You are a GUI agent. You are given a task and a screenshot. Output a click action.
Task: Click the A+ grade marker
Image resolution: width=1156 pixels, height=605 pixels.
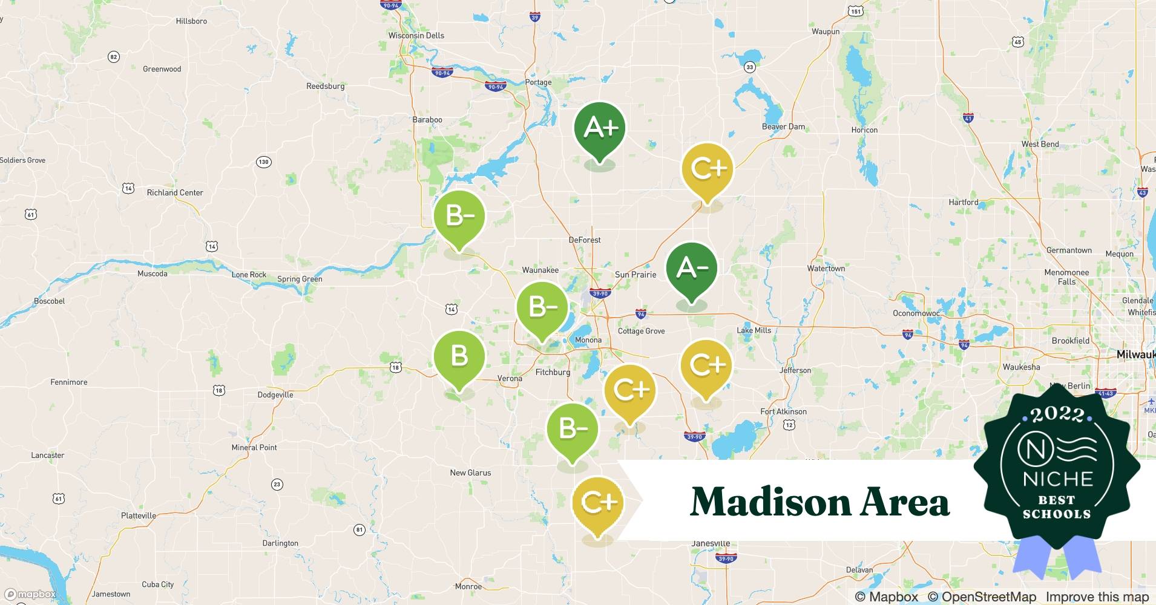pos(599,128)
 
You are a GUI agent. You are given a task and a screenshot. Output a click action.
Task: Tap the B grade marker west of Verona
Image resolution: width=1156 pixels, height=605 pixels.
pos(459,356)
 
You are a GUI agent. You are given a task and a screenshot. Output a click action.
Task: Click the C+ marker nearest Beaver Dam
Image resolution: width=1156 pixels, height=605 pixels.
pos(707,169)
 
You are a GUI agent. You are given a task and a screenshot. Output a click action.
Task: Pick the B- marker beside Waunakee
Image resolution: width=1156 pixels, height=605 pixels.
pos(542,308)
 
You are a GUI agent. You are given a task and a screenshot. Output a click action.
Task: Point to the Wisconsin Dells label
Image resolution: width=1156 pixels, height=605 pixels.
pos(416,36)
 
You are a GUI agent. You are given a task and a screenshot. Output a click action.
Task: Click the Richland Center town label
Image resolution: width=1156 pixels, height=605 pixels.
pos(175,193)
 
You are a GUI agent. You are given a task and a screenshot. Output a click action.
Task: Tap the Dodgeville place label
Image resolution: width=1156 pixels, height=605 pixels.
pos(275,395)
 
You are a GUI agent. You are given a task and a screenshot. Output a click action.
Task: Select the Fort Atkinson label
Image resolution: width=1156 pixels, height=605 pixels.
pos(783,412)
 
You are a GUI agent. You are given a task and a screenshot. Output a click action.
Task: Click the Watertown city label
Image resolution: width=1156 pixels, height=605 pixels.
pos(826,269)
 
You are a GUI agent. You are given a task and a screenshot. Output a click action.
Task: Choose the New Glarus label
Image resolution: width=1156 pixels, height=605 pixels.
pos(470,473)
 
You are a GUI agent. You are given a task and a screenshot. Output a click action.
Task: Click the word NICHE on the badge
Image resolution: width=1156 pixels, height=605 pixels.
pos(1057,480)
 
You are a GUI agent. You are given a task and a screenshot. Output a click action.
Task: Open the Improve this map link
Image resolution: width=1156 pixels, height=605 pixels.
pos(1097,597)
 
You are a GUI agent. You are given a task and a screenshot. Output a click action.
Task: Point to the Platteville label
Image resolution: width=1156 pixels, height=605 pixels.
pos(139,516)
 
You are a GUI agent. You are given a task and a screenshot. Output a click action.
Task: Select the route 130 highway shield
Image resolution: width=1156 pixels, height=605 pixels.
pos(263,162)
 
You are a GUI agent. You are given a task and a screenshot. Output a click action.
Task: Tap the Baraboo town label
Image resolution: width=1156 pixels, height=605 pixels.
pos(427,120)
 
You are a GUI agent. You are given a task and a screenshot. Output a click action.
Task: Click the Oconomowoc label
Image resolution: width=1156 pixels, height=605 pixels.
pos(916,313)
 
